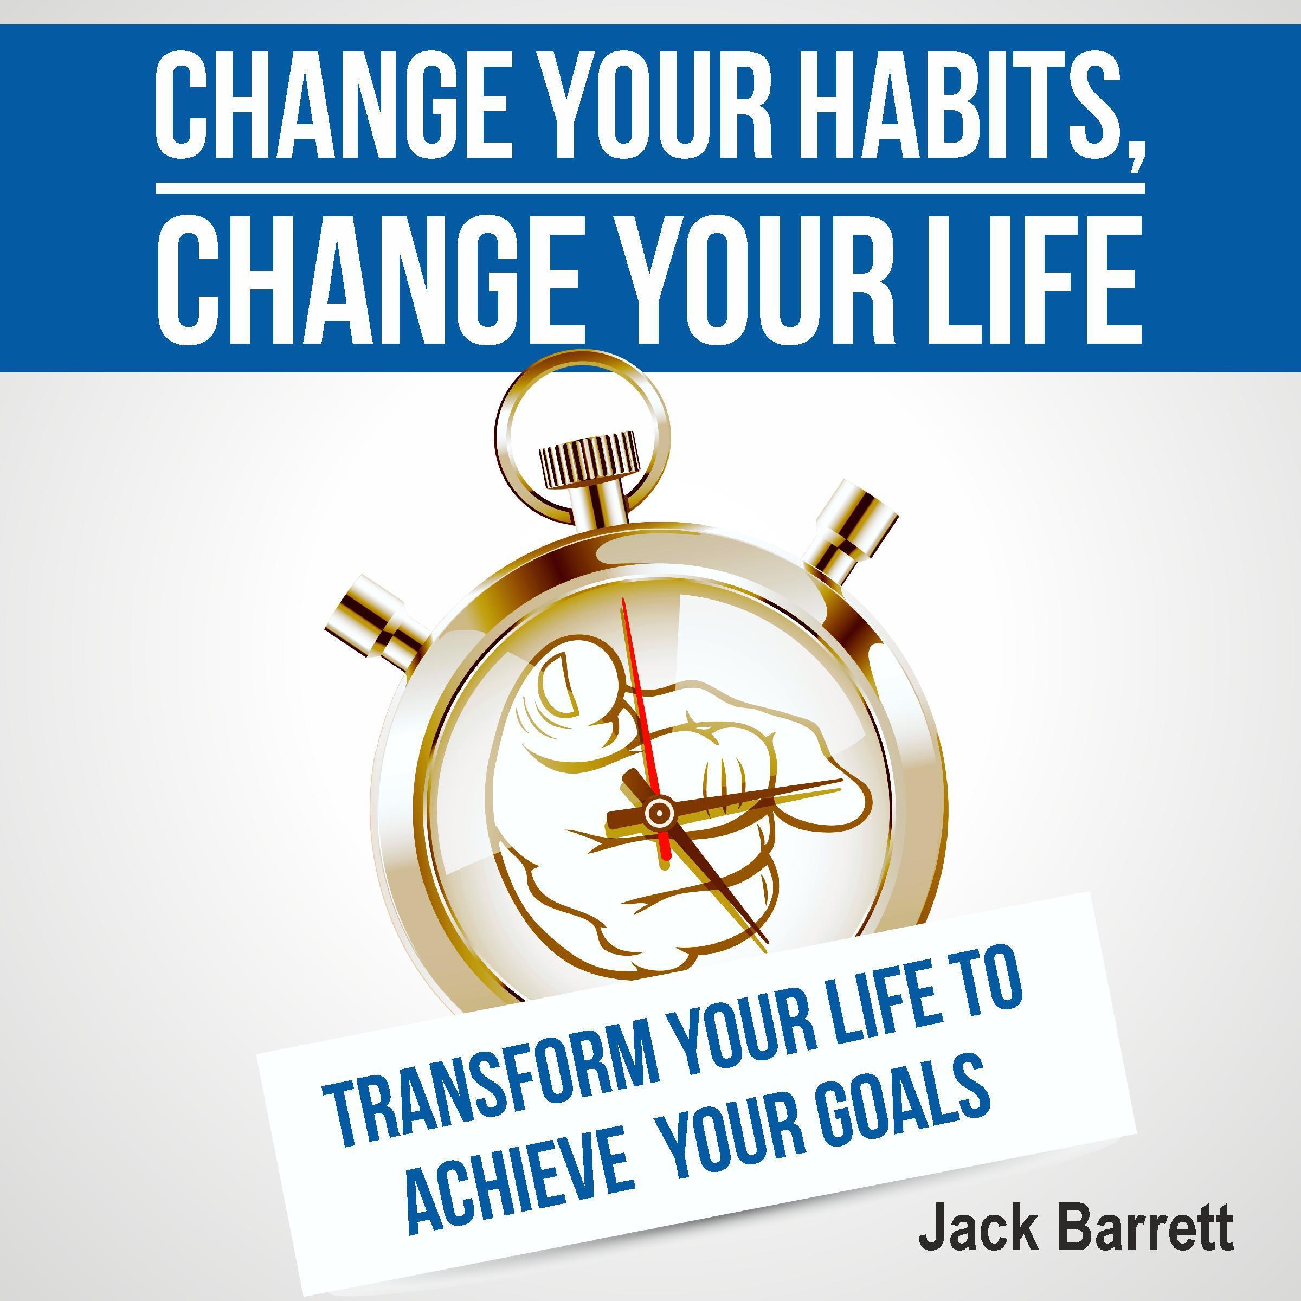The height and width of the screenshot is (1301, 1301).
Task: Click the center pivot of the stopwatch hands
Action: click(x=659, y=813)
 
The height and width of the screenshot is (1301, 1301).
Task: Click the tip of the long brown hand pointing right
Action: click(x=840, y=781)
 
